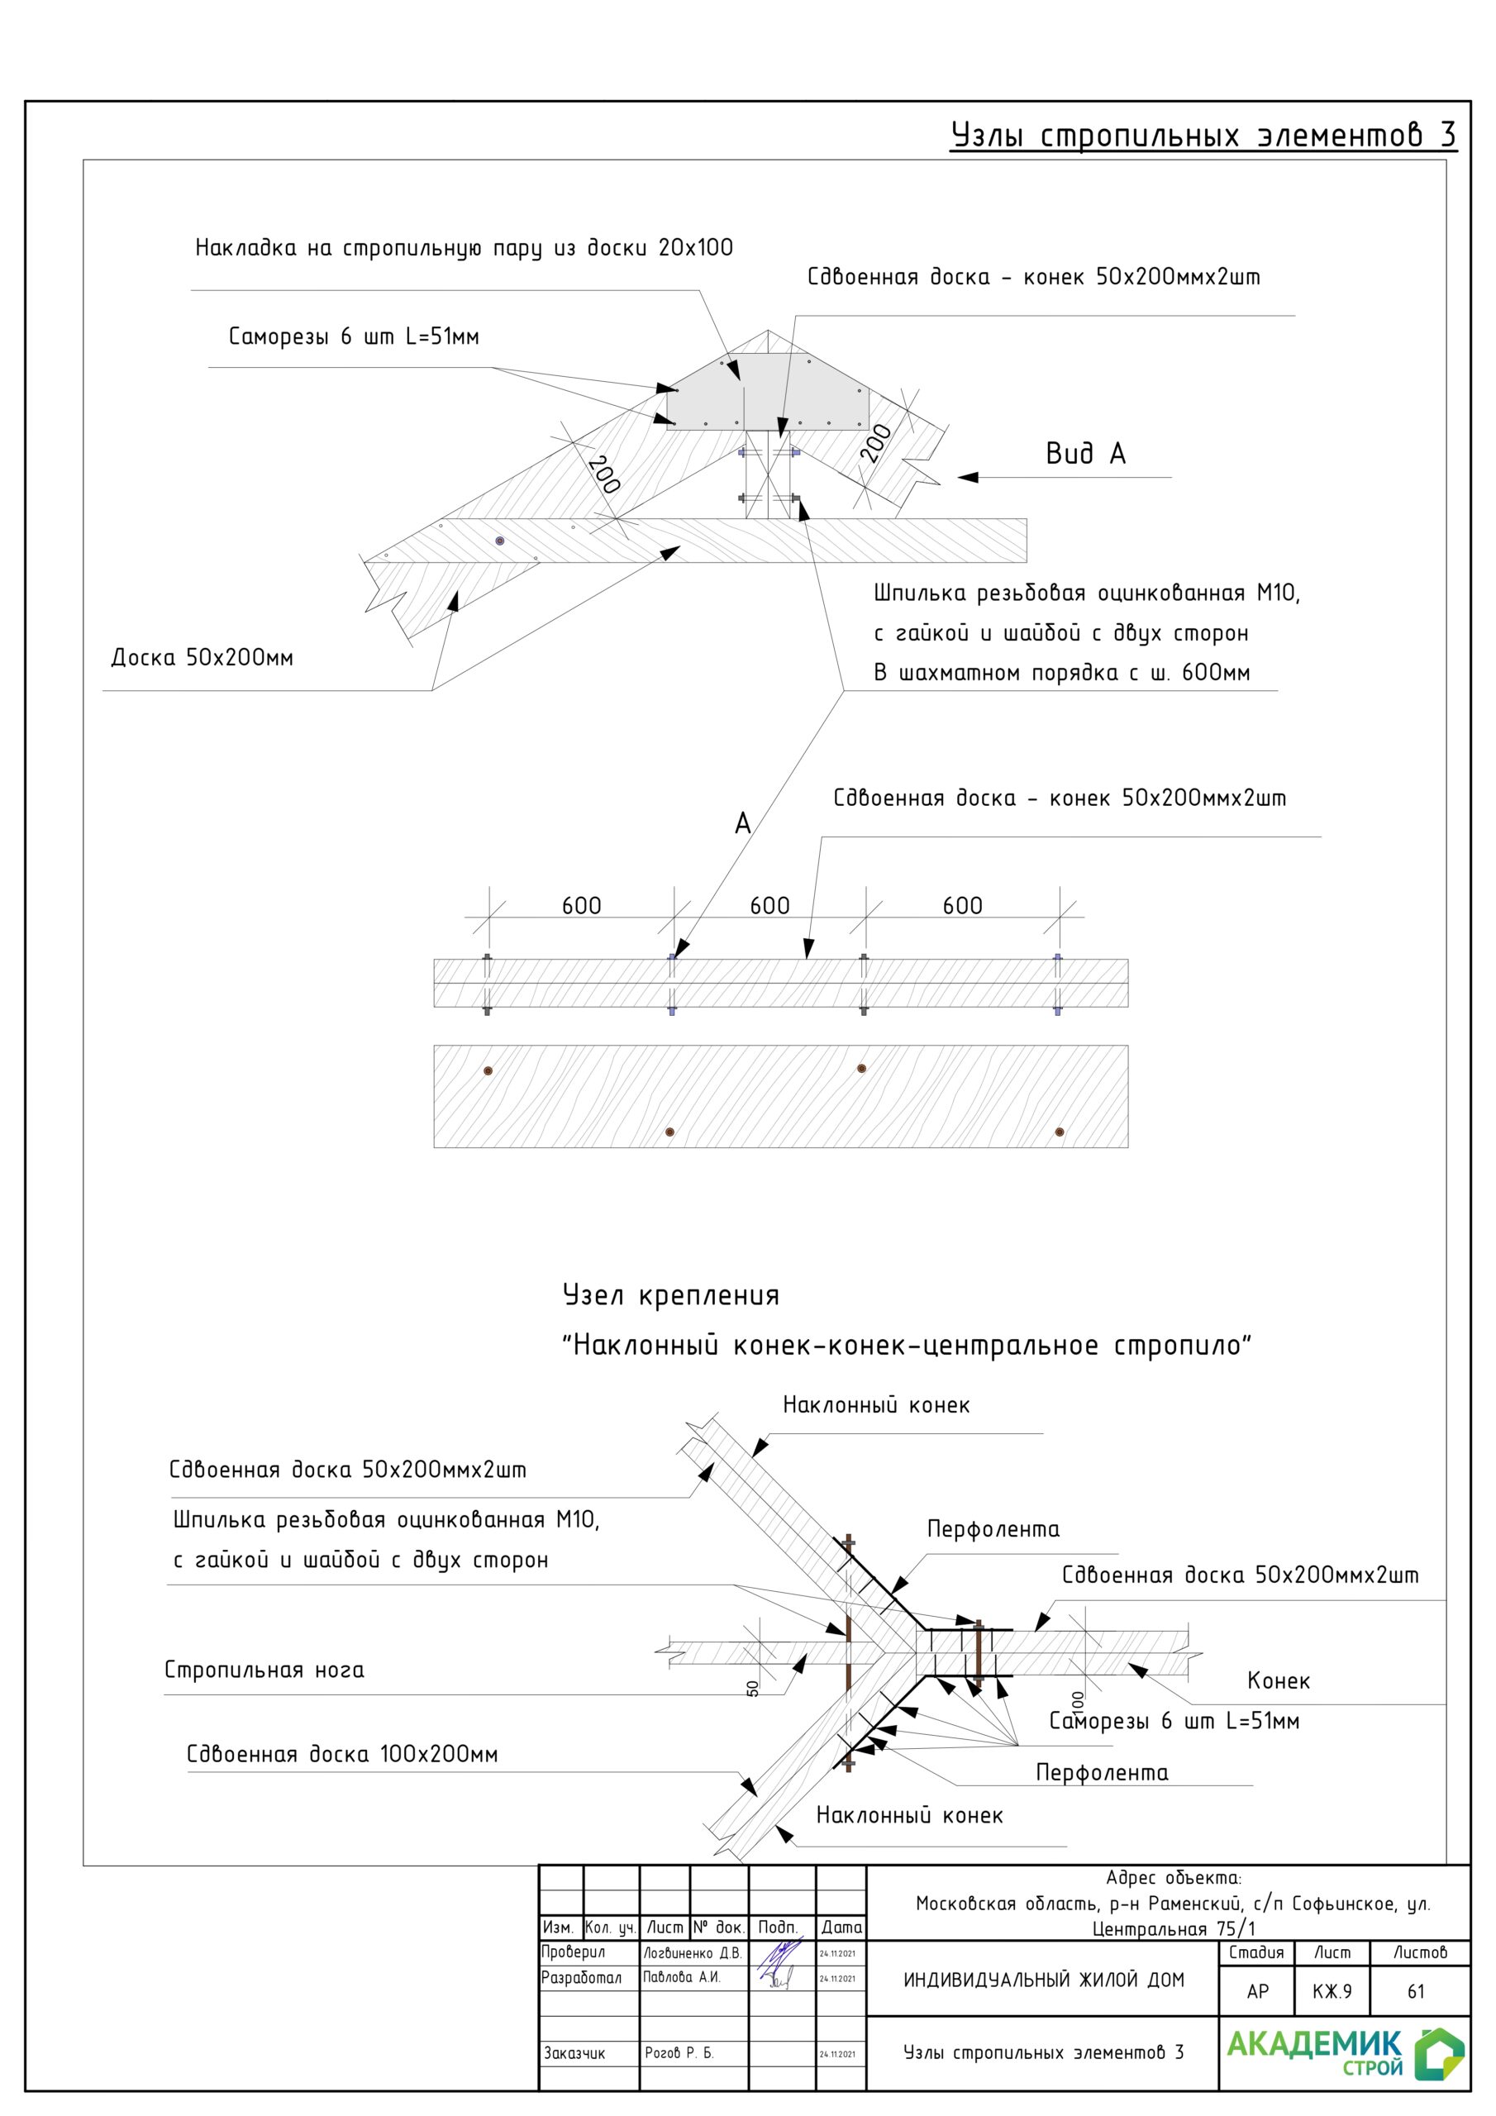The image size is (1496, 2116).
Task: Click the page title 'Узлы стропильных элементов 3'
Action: (1203, 136)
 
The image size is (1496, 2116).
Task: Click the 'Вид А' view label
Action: (1085, 454)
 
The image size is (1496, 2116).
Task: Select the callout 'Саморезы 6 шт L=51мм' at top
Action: (354, 336)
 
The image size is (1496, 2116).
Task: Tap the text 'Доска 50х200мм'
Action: (202, 658)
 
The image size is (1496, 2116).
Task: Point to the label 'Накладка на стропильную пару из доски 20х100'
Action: (464, 248)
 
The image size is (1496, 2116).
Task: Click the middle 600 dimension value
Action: (769, 906)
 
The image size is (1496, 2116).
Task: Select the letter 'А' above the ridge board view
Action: (743, 824)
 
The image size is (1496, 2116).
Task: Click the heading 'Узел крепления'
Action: (671, 1296)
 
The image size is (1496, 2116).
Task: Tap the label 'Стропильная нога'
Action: (264, 1670)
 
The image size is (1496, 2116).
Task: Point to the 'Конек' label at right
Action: (1278, 1681)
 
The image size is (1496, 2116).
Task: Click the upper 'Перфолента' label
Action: (993, 1529)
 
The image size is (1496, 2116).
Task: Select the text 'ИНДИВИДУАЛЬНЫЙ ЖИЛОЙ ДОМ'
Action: (1043, 1980)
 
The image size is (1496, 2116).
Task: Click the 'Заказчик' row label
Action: (574, 2053)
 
